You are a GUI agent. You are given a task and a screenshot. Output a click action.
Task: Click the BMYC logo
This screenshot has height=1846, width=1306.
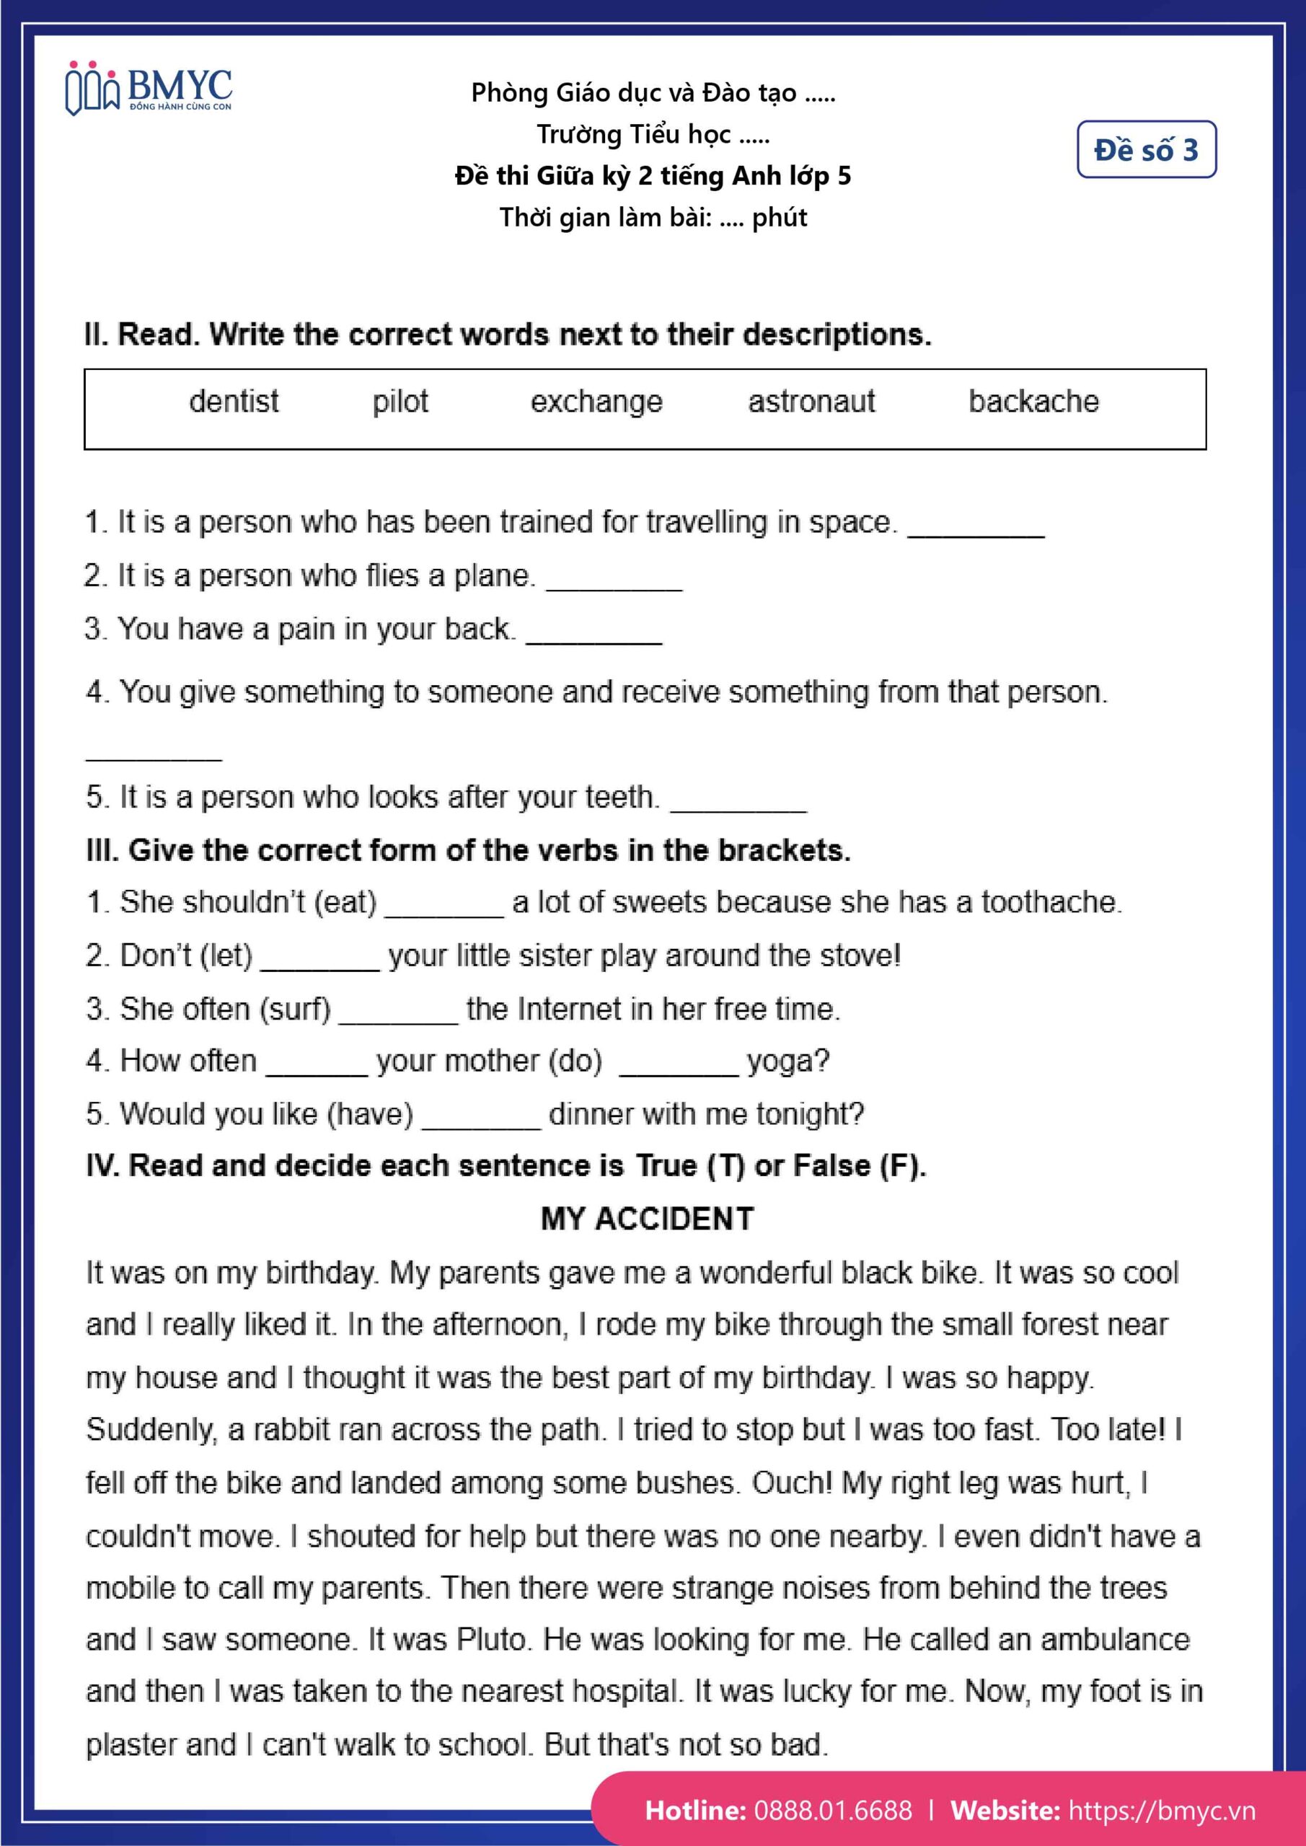click(x=149, y=87)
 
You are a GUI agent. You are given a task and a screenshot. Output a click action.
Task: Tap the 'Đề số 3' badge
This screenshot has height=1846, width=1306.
click(x=1145, y=149)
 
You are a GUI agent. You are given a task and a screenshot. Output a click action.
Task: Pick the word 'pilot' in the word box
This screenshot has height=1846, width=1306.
click(x=400, y=401)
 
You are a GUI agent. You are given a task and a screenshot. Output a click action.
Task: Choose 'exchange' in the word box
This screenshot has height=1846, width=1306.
click(x=596, y=401)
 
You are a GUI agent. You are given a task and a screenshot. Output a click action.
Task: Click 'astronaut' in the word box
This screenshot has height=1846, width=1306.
click(x=811, y=401)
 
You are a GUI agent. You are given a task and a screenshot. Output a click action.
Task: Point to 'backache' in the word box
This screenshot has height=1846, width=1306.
click(x=1033, y=401)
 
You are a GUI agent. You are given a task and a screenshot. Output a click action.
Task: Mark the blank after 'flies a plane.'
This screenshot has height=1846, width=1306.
click(x=614, y=580)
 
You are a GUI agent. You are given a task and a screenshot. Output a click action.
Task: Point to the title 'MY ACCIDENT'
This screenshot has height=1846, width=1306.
click(x=648, y=1219)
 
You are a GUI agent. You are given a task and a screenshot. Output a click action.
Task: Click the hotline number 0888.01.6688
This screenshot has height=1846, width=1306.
click(x=832, y=1811)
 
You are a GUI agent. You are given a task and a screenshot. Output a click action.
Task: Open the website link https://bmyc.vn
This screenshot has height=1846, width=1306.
click(x=1161, y=1811)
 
